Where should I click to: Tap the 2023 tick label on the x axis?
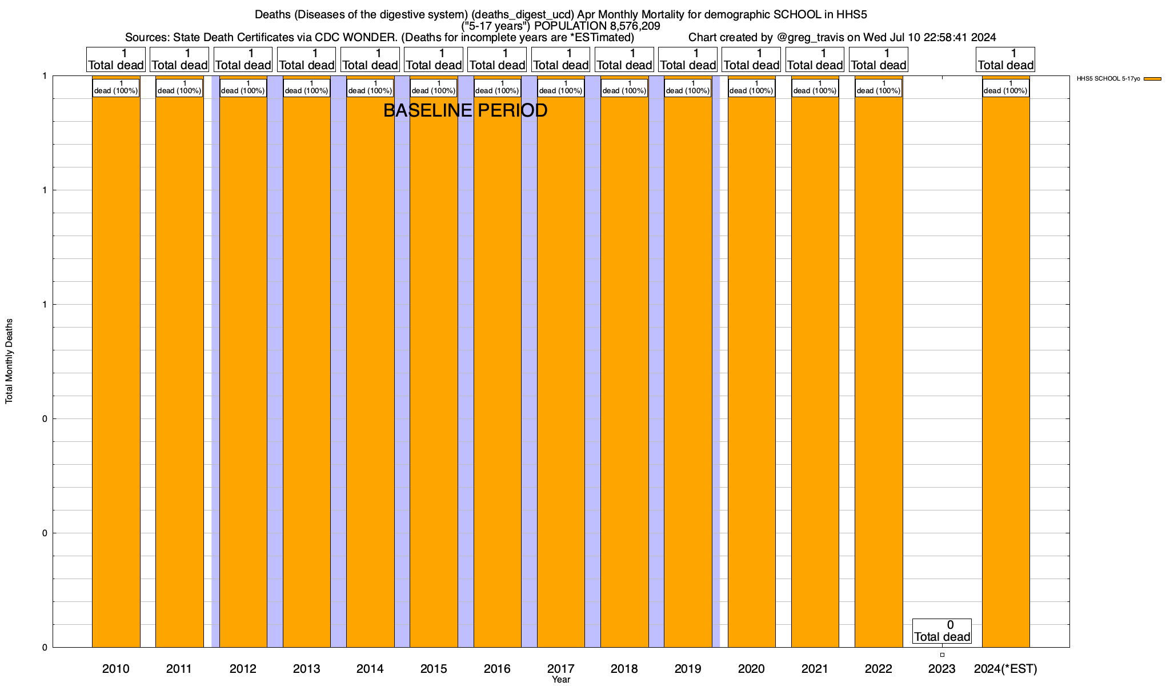point(941,668)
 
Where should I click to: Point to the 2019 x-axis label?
point(687,668)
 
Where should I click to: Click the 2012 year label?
point(243,668)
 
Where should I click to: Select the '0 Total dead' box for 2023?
point(941,631)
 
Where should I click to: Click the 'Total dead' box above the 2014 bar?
point(370,59)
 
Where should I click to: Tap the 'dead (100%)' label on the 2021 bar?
point(815,87)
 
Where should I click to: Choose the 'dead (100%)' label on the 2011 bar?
point(179,87)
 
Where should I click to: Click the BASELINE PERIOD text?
point(465,110)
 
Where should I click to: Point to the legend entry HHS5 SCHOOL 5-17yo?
point(1108,79)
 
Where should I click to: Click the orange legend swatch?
point(1152,79)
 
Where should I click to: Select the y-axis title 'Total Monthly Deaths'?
point(9,361)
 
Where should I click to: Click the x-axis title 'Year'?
point(561,680)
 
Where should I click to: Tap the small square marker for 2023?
point(942,655)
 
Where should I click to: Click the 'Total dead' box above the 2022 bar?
point(879,59)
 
